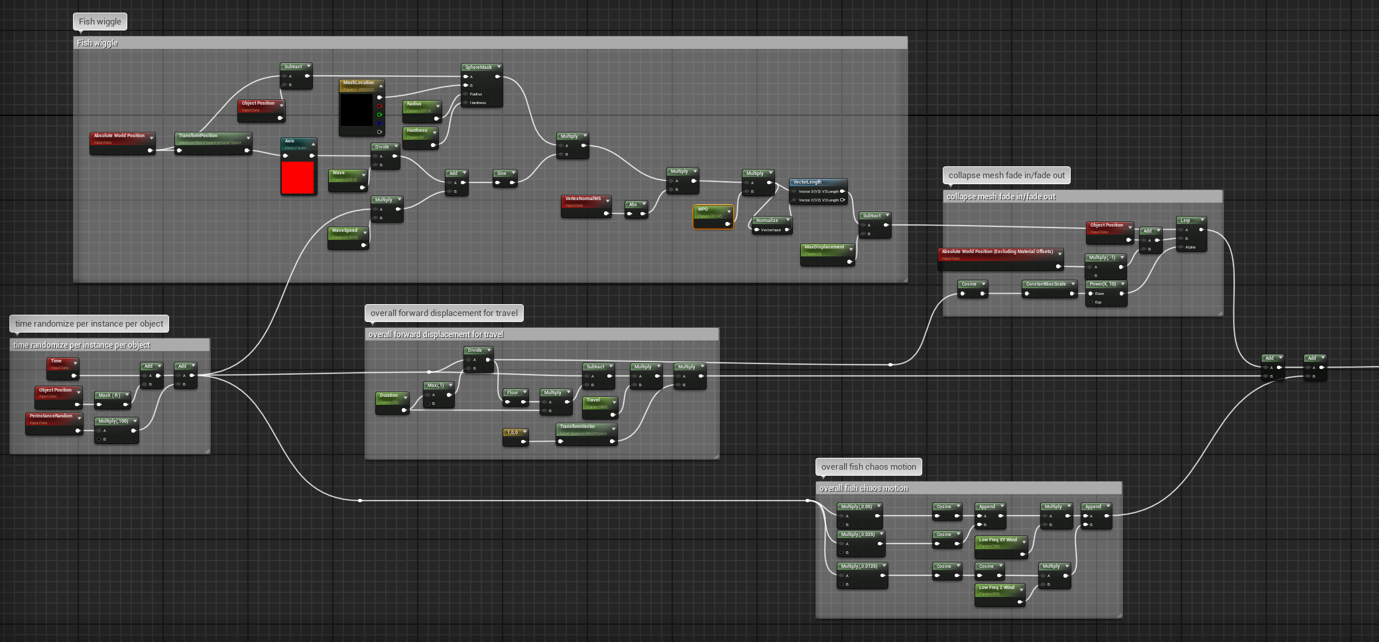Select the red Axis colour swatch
(298, 178)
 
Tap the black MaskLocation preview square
(357, 110)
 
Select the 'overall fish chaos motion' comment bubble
(869, 467)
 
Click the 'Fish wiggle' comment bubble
(100, 22)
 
